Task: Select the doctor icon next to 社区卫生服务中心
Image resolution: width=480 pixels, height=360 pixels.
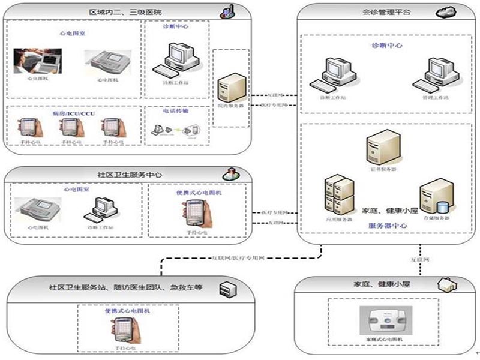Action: click(x=229, y=174)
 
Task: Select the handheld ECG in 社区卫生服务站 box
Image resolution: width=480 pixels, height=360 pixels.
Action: click(x=121, y=328)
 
